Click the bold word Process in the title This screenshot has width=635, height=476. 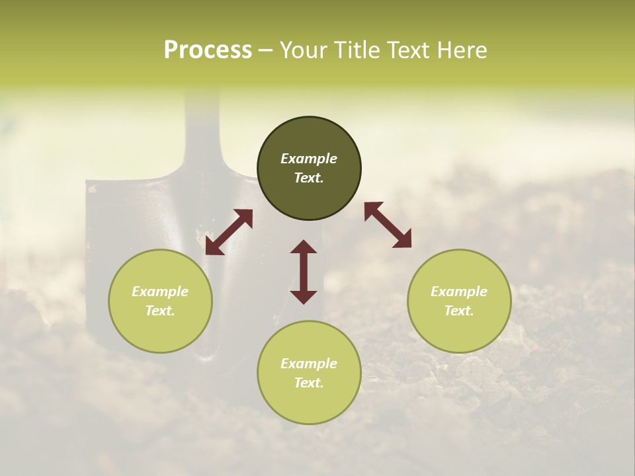208,50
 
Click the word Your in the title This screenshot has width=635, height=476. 305,50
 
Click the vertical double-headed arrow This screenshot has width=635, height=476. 304,272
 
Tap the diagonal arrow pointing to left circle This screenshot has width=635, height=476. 229,232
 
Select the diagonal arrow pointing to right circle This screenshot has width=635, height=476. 388,225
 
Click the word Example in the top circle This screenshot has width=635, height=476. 309,159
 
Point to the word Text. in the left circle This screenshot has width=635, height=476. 160,311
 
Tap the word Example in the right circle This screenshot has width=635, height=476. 459,292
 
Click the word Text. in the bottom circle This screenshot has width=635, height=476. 309,383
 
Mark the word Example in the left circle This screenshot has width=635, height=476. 160,292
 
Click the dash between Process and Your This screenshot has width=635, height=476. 265,50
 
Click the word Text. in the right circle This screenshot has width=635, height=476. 459,311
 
